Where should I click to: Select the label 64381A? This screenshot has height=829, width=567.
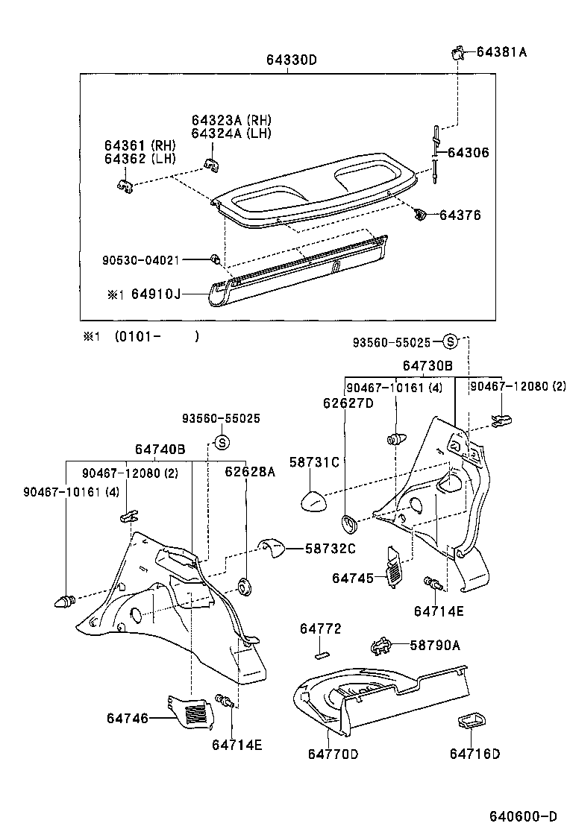tap(501, 52)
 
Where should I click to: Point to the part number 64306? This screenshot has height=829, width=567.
tap(469, 152)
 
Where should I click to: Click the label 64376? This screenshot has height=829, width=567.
tap(460, 215)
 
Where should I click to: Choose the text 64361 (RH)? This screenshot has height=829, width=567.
tap(140, 145)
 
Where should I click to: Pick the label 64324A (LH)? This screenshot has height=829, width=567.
tap(231, 133)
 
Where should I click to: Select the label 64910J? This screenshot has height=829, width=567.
tap(156, 294)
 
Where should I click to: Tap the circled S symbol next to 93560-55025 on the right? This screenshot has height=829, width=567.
tap(449, 342)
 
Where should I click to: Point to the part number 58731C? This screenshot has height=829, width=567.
tap(314, 463)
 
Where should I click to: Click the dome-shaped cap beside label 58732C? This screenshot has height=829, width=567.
tap(272, 549)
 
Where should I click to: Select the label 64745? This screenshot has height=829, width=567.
tap(354, 578)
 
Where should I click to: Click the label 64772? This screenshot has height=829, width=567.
tap(321, 629)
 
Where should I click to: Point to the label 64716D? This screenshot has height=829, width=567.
tap(474, 754)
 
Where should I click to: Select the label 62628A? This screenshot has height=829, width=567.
tap(250, 472)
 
